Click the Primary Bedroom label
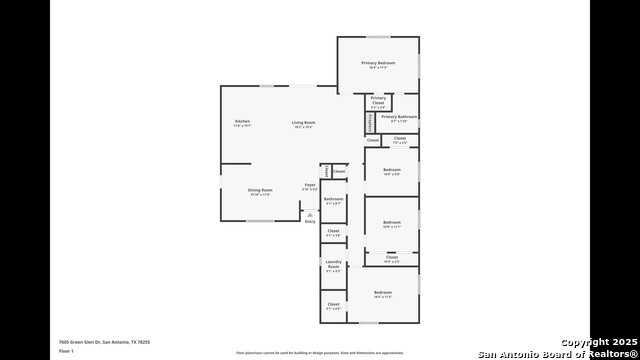point(378,63)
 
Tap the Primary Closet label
point(378,100)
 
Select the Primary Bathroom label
point(399,117)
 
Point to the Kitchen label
point(229,121)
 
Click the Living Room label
point(303,122)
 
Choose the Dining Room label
point(259,190)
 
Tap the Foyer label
point(310,185)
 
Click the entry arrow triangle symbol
point(310,214)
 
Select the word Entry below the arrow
point(310,221)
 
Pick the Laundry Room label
point(333,264)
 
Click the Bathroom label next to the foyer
point(333,199)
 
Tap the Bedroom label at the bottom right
point(382,292)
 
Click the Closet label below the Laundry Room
point(333,304)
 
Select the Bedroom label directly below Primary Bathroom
point(391,170)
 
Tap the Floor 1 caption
point(66,351)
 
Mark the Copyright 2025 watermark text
point(597,342)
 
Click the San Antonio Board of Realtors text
point(556,353)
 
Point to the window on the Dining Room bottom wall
point(259,221)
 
